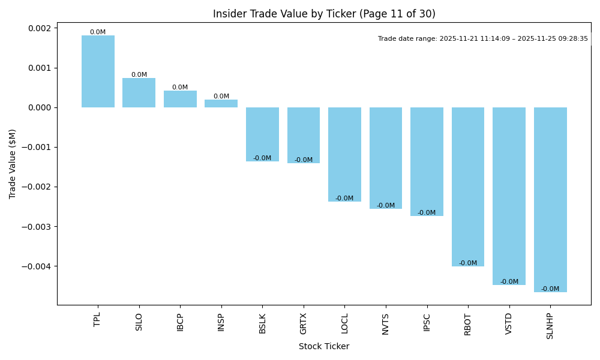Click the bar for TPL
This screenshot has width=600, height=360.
point(98,71)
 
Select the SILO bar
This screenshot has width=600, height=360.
point(139,93)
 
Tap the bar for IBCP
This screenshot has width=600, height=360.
point(180,99)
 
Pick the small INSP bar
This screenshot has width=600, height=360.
point(221,104)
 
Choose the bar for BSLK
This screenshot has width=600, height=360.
point(262,134)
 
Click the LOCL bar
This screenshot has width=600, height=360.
point(344,154)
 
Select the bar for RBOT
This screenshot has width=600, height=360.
point(468,187)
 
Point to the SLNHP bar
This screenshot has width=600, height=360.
point(550,200)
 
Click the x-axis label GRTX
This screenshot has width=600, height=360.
point(303,323)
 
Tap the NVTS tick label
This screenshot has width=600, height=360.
point(385,323)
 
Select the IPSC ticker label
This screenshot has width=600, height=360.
point(427,323)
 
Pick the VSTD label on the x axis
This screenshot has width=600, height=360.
point(509,323)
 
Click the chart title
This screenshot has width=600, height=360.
point(324,14)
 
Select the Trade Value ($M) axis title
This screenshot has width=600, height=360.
point(13,164)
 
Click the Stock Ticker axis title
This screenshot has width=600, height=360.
point(324,346)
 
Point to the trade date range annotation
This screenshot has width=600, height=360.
point(483,38)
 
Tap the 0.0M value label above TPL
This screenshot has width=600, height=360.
point(98,32)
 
